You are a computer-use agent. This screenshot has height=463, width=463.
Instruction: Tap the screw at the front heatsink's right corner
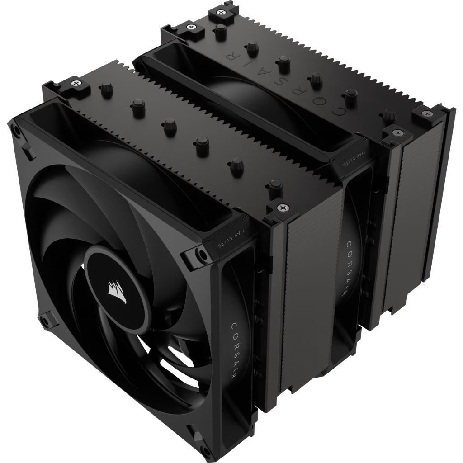pyautogui.click(x=283, y=208)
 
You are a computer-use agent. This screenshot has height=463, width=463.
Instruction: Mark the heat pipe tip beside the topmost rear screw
pyautogui.click(x=221, y=30)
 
